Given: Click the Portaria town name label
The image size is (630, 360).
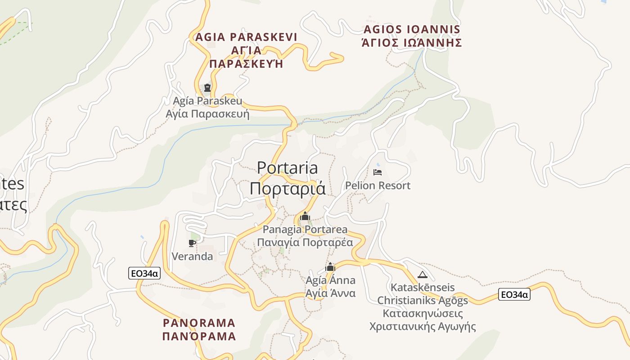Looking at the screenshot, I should [x=287, y=168].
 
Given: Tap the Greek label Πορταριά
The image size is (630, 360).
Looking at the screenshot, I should [x=287, y=188].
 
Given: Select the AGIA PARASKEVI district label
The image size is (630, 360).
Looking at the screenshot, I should [x=246, y=37].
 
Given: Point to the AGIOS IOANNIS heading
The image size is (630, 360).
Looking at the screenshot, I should [x=411, y=30].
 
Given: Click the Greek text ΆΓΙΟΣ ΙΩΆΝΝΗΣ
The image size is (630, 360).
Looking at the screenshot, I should [x=411, y=43].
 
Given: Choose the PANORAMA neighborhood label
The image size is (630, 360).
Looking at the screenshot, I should [x=199, y=323].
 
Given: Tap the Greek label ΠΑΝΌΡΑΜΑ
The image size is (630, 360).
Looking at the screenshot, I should [x=199, y=336].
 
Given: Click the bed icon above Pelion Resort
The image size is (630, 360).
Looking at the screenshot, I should [x=378, y=172].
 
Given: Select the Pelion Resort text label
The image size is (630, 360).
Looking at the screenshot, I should [x=378, y=185].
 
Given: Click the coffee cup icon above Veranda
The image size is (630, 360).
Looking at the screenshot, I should [x=192, y=243].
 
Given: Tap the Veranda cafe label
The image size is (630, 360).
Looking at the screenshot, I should [x=192, y=256].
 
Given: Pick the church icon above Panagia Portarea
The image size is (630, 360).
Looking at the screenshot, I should [x=305, y=216].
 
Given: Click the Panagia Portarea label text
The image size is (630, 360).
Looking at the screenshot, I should [x=305, y=229].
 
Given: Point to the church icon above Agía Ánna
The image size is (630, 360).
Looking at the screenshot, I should [x=330, y=267].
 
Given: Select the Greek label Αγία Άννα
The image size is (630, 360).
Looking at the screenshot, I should [x=330, y=293].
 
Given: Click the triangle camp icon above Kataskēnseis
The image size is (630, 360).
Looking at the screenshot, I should [x=422, y=274].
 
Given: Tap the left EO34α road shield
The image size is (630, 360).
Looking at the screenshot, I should [x=144, y=273].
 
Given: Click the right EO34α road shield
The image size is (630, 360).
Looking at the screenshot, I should [x=514, y=295].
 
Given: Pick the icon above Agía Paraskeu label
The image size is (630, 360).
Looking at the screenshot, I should [x=207, y=87].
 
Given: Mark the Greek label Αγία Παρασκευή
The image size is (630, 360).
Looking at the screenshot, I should [x=207, y=113].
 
